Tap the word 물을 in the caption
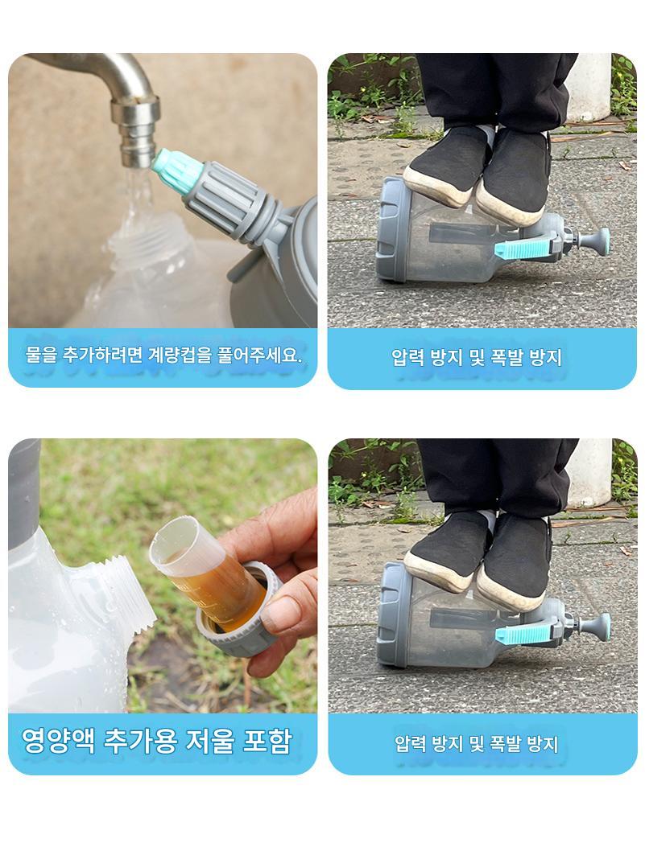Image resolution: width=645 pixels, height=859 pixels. coord(41,355)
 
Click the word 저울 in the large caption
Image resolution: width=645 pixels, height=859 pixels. coord(210,741)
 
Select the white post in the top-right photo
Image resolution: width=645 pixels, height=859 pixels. coord(589,88)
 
